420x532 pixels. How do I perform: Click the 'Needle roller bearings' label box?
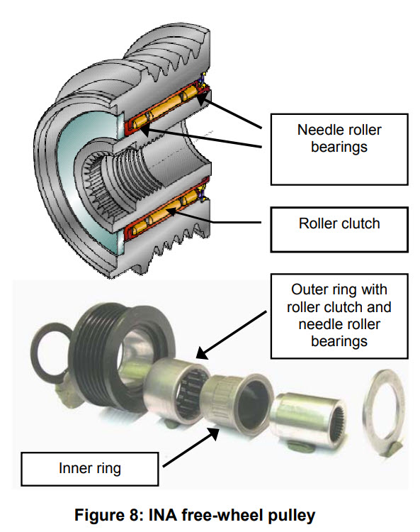point(339,149)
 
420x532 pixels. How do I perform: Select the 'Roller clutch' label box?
point(339,230)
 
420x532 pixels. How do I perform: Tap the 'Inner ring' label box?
point(90,469)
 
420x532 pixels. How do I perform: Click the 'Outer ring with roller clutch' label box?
point(339,316)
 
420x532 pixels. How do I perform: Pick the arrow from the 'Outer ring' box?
point(232,335)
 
